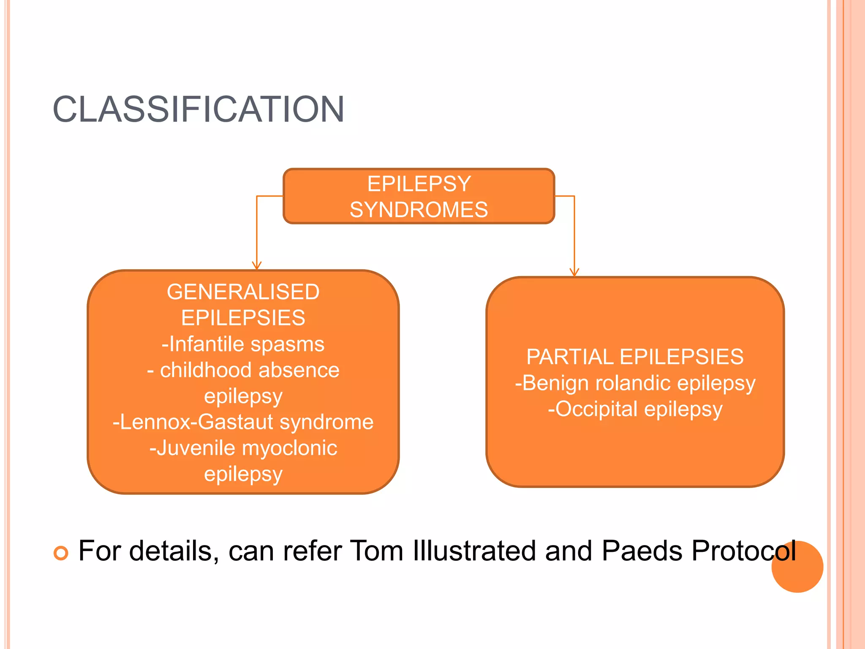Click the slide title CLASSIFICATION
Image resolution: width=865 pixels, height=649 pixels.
click(x=199, y=109)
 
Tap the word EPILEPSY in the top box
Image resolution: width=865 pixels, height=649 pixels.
click(x=419, y=184)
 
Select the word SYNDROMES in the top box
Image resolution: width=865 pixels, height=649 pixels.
click(x=419, y=210)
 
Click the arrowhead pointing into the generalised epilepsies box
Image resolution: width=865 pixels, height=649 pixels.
click(x=256, y=265)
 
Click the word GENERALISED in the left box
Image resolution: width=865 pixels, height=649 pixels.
click(x=243, y=292)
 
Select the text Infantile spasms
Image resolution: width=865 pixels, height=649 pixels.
click(x=246, y=344)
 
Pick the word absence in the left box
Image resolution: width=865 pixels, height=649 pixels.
click(x=299, y=370)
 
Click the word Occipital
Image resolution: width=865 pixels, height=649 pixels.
click(x=596, y=409)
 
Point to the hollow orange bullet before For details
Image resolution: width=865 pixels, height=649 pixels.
click(x=61, y=553)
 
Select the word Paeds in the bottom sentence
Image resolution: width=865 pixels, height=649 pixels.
click(x=642, y=551)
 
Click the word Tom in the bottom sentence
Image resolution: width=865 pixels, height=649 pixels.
click(x=377, y=551)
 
